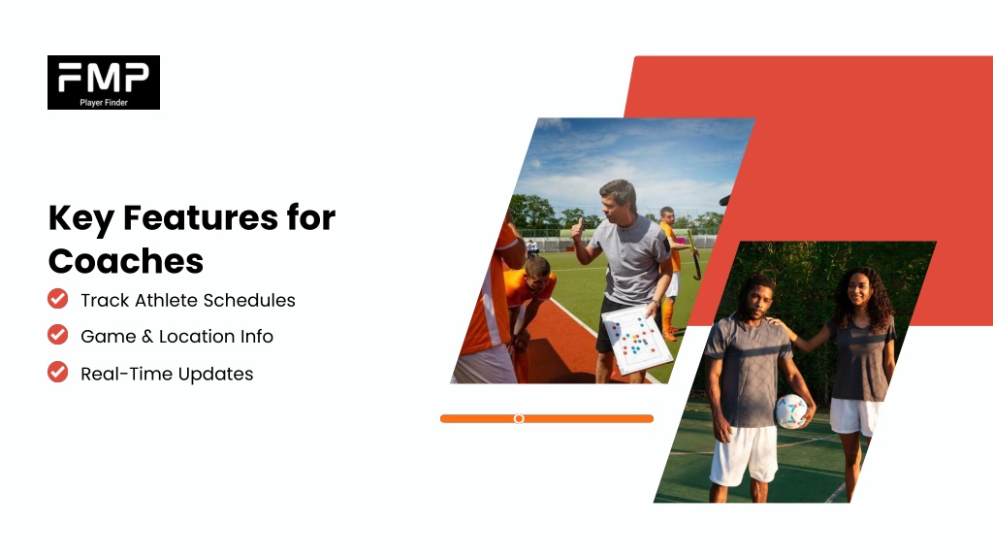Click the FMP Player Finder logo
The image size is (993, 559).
(104, 82)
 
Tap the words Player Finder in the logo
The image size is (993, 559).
(104, 103)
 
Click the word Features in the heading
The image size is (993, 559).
(200, 218)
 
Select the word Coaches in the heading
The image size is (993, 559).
(126, 261)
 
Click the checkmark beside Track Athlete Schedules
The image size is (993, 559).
(57, 299)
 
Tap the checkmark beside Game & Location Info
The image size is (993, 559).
(57, 335)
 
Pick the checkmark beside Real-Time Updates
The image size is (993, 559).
(57, 372)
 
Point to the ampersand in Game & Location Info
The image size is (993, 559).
(147, 337)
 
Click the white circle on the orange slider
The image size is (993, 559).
(519, 419)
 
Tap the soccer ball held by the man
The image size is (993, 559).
(791, 411)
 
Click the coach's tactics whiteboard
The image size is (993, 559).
(635, 340)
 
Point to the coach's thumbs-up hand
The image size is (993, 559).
(578, 231)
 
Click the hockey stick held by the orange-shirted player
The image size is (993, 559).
(693, 254)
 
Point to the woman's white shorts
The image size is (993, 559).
(854, 416)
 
